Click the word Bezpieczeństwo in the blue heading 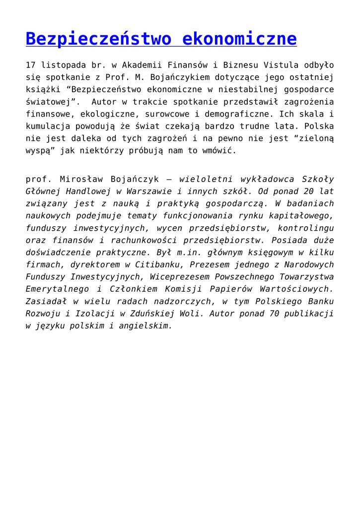pos(99,39)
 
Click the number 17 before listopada pos(31,65)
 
